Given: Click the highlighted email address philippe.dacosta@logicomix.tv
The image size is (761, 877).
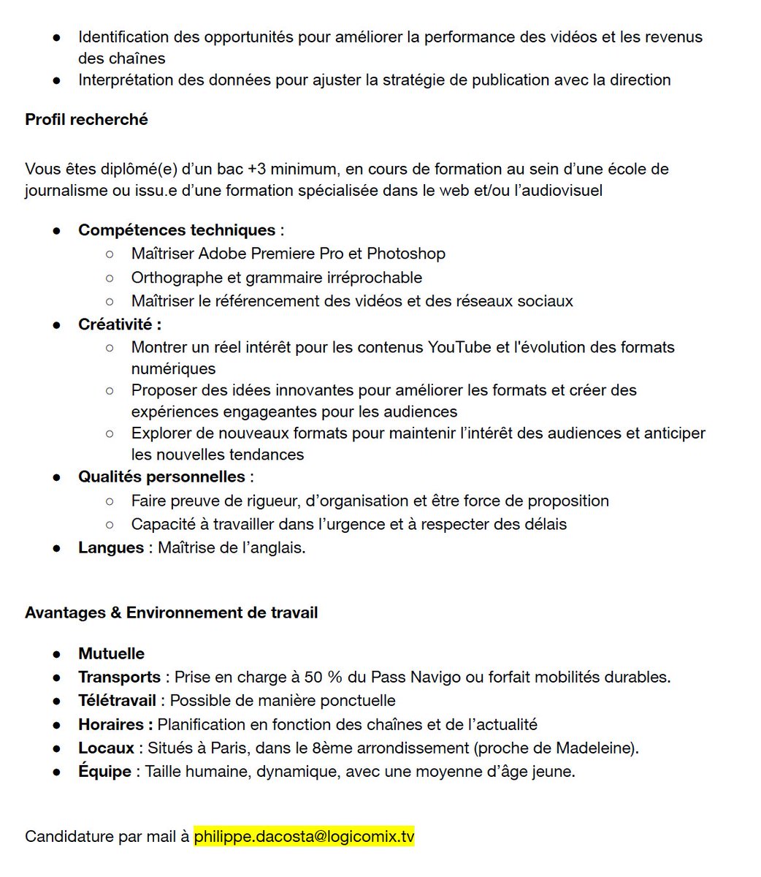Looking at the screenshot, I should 304,836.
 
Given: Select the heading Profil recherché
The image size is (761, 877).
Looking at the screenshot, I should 86,119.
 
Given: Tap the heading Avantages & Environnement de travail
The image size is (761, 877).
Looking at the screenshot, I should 171,612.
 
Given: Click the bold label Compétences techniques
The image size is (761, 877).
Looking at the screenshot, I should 177,230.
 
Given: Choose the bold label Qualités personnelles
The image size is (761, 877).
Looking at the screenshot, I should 161,477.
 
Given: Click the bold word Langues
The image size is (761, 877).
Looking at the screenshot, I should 111,547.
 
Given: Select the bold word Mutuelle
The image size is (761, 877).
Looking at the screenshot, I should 111,653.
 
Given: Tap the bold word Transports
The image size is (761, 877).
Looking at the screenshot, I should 119,677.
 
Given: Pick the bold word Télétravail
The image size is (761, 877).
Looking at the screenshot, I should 117,700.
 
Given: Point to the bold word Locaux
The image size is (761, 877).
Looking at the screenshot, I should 106,748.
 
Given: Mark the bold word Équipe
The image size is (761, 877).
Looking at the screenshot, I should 104,771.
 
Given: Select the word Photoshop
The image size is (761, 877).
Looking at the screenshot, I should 406,254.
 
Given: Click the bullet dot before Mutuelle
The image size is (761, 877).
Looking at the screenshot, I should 56,653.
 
